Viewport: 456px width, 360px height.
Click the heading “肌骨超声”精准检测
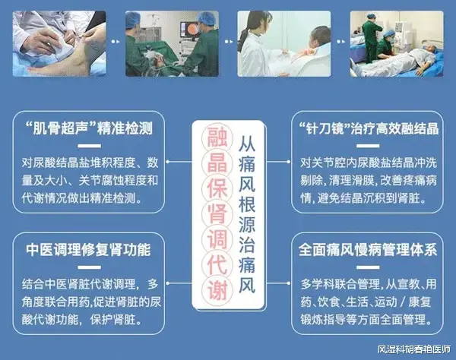pos(89,128)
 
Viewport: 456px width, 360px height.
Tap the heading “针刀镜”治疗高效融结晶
pos(369,128)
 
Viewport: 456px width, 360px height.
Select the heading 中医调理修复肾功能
pos(88,250)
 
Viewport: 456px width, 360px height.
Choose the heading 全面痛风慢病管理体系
pos(368,250)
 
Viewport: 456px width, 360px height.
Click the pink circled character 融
pos(217,137)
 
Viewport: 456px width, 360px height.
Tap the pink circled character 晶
pos(217,163)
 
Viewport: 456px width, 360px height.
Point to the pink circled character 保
pos(217,188)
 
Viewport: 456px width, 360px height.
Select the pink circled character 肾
pos(217,213)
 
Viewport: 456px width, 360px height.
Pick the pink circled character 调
pos(217,238)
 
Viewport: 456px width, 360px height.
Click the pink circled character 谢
pos(217,289)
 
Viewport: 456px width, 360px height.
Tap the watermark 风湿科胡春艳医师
pos(414,349)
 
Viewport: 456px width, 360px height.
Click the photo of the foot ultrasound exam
pos(59,43)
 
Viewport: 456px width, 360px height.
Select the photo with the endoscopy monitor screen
pos(172,43)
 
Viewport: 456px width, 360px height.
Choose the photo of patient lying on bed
pos(397,43)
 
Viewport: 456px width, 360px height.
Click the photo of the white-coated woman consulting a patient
pos(283,43)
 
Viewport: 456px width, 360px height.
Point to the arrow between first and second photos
pos(116,42)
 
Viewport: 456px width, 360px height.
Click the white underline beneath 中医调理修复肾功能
pos(89,267)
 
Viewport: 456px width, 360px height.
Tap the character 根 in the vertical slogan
pos(247,204)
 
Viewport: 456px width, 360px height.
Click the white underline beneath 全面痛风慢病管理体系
pos(368,267)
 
